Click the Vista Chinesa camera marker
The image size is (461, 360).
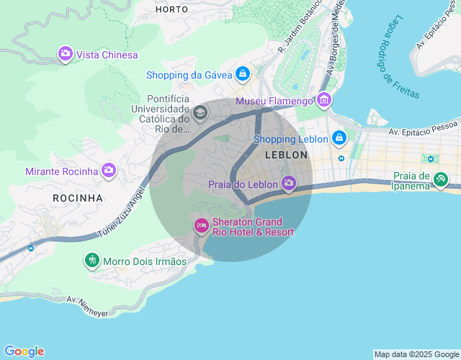click(66, 54)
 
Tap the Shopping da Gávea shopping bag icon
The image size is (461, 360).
click(243, 73)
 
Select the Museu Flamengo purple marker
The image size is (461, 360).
click(324, 100)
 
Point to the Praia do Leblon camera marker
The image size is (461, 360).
click(289, 184)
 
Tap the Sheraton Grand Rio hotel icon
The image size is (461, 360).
click(201, 226)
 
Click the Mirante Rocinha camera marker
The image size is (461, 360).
click(109, 171)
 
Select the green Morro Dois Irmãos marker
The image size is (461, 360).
click(92, 261)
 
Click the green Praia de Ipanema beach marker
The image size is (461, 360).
click(441, 180)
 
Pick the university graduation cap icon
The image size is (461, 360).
click(200, 112)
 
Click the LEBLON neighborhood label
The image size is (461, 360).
click(286, 155)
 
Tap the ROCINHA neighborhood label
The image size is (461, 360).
click(78, 197)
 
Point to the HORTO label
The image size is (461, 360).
click(172, 9)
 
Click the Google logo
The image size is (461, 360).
click(23, 351)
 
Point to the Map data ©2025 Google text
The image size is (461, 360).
click(416, 354)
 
